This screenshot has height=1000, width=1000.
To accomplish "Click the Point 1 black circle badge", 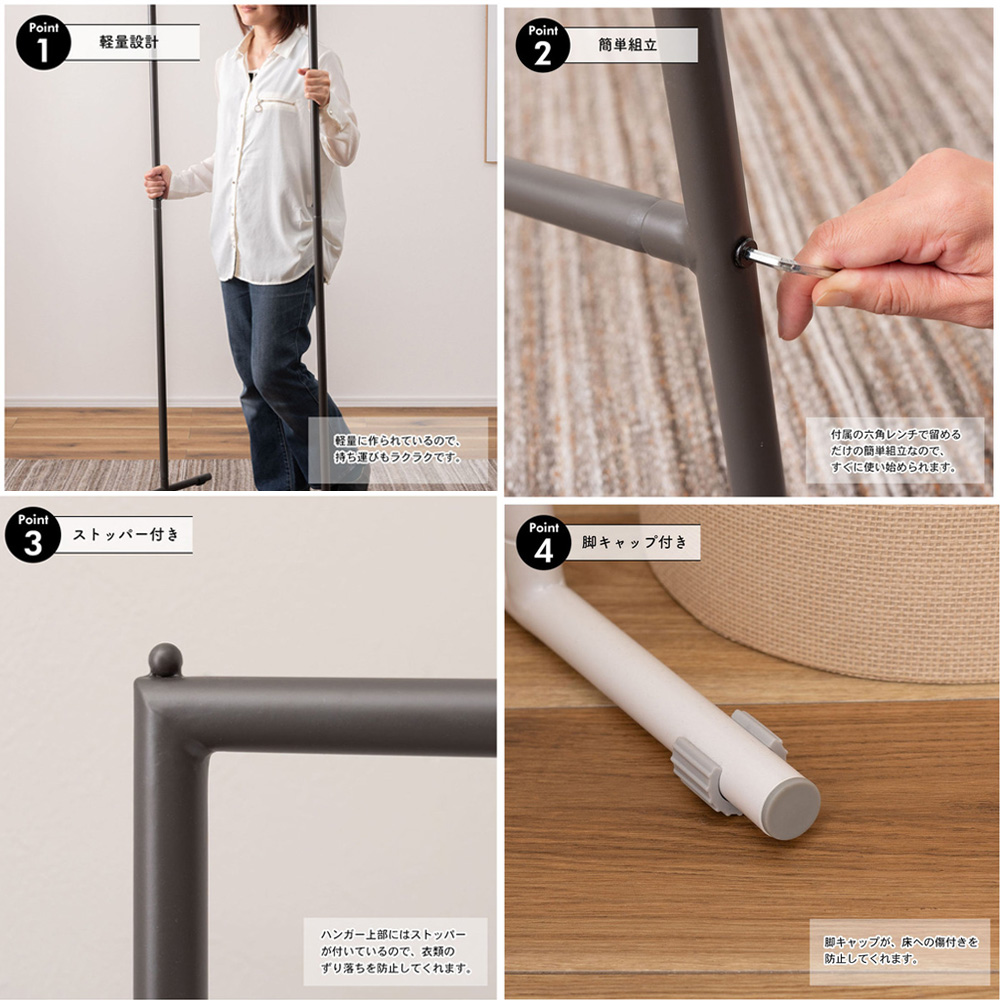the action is point(43,43).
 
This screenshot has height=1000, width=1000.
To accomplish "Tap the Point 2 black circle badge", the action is point(543,45).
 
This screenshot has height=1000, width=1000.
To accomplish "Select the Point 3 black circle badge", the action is point(33,535).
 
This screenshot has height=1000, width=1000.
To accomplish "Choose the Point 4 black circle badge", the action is point(543,543).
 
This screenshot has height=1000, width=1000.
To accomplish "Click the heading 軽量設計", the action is point(129,42).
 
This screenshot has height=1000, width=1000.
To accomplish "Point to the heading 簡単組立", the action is point(628,45).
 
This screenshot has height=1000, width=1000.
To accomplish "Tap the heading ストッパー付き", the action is point(126,534).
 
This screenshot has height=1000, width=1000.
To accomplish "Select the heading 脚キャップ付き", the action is point(635,542).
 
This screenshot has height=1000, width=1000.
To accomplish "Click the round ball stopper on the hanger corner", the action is point(165,660).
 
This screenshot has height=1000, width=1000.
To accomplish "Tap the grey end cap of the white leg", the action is point(791,807).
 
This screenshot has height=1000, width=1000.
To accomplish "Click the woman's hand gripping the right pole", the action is point(315,86).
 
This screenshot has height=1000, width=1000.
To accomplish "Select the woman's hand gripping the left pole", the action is point(158,182).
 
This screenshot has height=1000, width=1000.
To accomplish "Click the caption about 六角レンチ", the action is point(895,450).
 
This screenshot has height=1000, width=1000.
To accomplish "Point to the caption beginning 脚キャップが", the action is point(901,950).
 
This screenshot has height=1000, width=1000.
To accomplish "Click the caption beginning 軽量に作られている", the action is point(397,449).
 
